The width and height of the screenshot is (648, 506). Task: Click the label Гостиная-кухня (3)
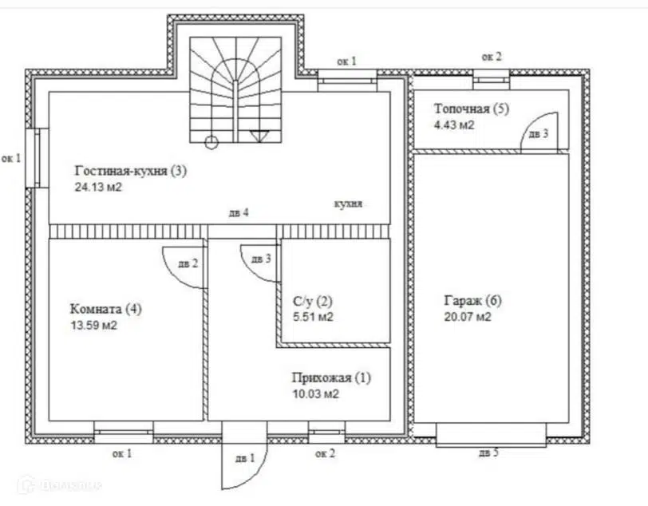pyautogui.click(x=131, y=171)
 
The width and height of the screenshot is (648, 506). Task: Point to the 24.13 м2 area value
pyautogui.click(x=98, y=188)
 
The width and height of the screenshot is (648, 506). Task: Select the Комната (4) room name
pyautogui.click(x=106, y=309)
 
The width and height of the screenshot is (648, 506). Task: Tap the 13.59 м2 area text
pyautogui.click(x=94, y=326)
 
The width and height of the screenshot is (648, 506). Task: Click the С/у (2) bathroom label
pyautogui.click(x=313, y=302)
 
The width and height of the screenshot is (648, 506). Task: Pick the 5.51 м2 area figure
pyautogui.click(x=313, y=317)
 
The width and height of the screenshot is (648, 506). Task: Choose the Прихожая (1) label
pyautogui.click(x=331, y=378)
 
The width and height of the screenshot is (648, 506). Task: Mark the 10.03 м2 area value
pyautogui.click(x=316, y=394)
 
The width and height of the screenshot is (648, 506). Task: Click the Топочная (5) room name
pyautogui.click(x=472, y=109)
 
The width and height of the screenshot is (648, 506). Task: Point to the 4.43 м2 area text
pyautogui.click(x=454, y=125)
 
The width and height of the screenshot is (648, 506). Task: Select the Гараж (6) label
pyautogui.click(x=472, y=301)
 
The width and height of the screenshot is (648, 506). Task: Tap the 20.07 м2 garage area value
pyautogui.click(x=468, y=317)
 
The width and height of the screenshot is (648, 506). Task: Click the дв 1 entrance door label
pyautogui.click(x=245, y=458)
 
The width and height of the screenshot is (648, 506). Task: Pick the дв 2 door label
pyautogui.click(x=188, y=263)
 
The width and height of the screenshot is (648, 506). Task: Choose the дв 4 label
pyautogui.click(x=239, y=213)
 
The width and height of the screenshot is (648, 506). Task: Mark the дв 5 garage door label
pyautogui.click(x=488, y=453)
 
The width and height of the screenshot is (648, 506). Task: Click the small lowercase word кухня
pyautogui.click(x=348, y=204)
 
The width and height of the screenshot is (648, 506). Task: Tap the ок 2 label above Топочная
pyautogui.click(x=492, y=57)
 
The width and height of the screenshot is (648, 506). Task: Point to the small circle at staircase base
pyautogui.click(x=211, y=142)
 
